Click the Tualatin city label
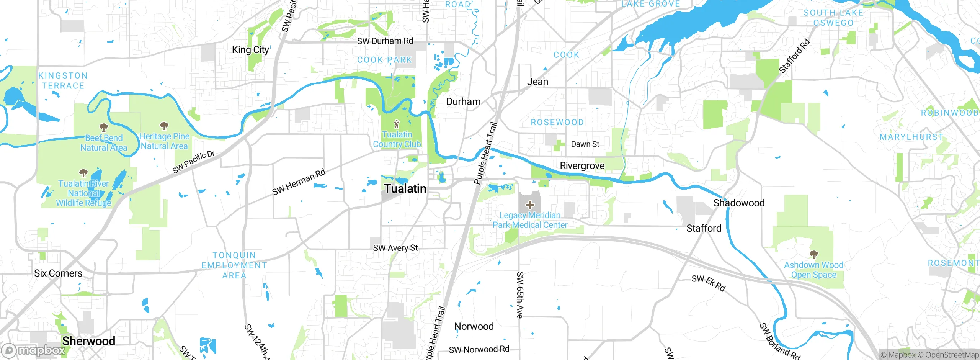coord(405,188)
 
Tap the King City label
coord(250,50)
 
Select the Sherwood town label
coord(88,341)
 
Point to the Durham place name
coord(463,101)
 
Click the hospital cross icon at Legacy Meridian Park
coord(530,205)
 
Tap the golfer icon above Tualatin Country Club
coord(397,124)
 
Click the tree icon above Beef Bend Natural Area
coord(103,127)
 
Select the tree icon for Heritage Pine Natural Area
coord(164,126)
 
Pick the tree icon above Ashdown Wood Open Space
coord(814,254)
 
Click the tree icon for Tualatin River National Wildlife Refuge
coord(83,173)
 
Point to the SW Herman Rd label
coord(299,182)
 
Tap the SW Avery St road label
coord(395,248)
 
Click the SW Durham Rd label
coord(385,41)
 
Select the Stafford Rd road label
coord(795,56)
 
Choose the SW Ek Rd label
coord(709,283)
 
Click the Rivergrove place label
coord(582,165)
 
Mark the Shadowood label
coord(739,203)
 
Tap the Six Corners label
coord(58,273)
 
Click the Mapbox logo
coord(34,350)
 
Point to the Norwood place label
coord(474,326)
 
